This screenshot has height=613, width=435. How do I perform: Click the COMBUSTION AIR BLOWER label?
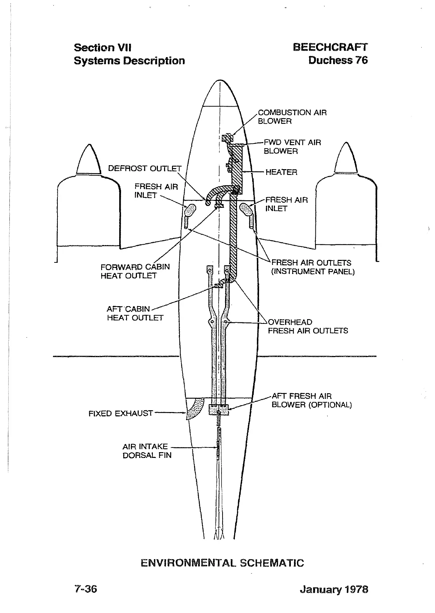tap(292, 117)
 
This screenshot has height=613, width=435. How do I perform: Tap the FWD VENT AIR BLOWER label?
tap(292, 147)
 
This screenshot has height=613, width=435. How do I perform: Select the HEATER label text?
tap(281, 172)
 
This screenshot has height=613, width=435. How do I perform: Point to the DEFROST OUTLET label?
tap(145, 168)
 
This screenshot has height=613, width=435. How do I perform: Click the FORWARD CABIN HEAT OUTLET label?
tap(135, 271)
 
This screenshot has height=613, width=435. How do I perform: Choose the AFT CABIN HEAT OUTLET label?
tap(135, 313)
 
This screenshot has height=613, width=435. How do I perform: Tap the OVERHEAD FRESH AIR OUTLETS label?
tap(307, 326)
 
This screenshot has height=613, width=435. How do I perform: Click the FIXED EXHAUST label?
tap(121, 413)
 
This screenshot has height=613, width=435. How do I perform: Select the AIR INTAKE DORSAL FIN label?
tap(147, 451)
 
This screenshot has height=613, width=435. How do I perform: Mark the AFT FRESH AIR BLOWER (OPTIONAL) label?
tap(311, 400)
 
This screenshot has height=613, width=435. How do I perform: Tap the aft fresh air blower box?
tap(219, 410)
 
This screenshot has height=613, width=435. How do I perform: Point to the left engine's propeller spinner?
tap(89, 159)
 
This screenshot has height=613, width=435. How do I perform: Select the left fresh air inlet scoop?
tap(190, 209)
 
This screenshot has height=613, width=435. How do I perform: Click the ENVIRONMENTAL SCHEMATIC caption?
tap(222, 563)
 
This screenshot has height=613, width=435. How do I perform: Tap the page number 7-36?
tap(86, 589)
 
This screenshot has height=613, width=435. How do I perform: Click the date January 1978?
tap(333, 590)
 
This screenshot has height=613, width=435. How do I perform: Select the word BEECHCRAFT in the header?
tap(330, 47)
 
